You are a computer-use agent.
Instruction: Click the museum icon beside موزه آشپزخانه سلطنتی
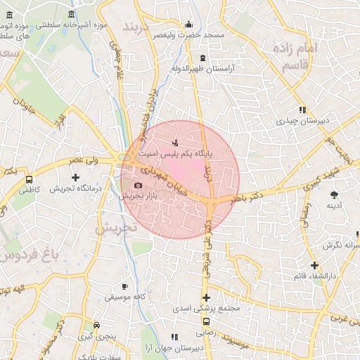pyautogui.click(x=73, y=14)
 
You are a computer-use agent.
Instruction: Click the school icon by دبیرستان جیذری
pyautogui.click(x=302, y=110)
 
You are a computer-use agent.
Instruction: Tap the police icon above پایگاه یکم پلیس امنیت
pyautogui.click(x=175, y=143)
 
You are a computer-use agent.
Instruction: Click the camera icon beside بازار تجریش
pyautogui.click(x=137, y=186)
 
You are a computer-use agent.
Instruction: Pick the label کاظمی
pyautogui.click(x=30, y=190)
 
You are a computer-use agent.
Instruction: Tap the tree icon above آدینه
pyautogui.click(x=334, y=194)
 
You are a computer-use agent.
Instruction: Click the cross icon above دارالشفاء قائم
pyautogui.click(x=314, y=266)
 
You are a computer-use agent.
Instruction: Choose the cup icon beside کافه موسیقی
pyautogui.click(x=125, y=286)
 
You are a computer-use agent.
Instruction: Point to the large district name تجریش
pyautogui.click(x=113, y=230)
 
